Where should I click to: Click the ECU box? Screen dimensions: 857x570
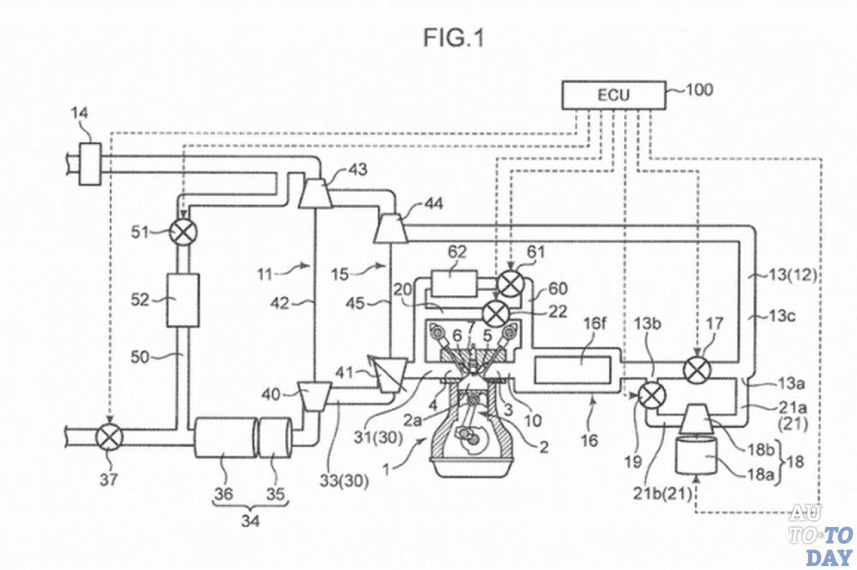[x=614, y=95]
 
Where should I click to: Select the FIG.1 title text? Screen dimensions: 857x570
[x=454, y=38]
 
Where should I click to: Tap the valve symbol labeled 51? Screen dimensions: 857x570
[x=183, y=231]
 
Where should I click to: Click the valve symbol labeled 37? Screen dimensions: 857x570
[x=109, y=438]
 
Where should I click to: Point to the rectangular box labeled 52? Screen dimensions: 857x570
[x=183, y=300]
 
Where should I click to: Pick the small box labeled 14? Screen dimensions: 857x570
[x=90, y=164]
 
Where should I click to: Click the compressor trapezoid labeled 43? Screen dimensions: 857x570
[x=315, y=193]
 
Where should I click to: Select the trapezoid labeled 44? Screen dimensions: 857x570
[x=390, y=228]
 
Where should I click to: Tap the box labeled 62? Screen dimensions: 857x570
[x=454, y=283]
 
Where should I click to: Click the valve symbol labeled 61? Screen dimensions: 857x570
[x=511, y=284]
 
